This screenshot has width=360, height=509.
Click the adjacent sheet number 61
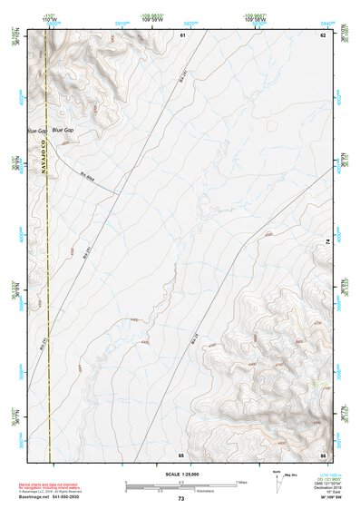tap(182, 34)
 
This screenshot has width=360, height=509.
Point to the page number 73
tap(181, 499)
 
